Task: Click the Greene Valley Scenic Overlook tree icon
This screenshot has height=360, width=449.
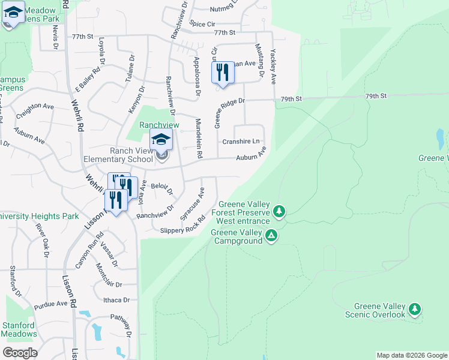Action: (x=414, y=309)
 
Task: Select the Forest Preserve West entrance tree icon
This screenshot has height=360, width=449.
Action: (x=279, y=211)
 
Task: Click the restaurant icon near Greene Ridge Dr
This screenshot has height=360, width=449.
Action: (x=223, y=73)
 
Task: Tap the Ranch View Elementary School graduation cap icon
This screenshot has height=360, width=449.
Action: (x=161, y=140)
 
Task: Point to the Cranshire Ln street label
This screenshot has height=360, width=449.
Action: (x=241, y=142)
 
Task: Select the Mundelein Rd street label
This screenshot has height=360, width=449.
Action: (x=198, y=138)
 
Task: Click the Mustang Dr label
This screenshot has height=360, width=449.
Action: (x=259, y=60)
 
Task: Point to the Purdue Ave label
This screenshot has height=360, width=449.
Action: (x=51, y=304)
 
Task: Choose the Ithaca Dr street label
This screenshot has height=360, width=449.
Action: (x=116, y=300)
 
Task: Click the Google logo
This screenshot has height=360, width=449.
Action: (x=20, y=353)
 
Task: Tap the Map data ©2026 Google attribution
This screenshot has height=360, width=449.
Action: (x=412, y=355)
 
